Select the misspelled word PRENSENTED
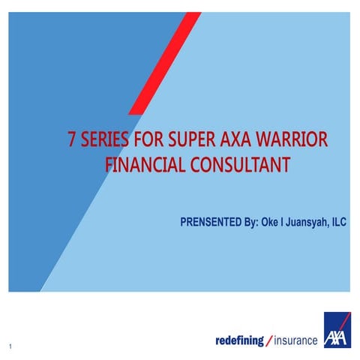point(214,223)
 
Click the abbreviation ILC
point(341,223)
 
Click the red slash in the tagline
point(269,341)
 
